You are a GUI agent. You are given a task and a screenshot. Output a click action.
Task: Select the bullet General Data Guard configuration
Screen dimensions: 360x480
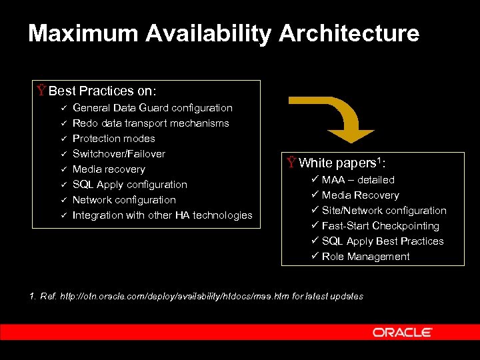153,108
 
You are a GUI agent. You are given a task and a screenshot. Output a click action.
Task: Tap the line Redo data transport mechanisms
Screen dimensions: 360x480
151,123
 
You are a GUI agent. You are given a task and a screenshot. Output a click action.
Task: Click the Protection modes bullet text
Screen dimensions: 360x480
113,139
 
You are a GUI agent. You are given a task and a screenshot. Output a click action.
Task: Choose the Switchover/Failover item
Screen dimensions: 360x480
119,154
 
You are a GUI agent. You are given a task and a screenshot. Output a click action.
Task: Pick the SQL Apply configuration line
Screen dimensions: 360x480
130,185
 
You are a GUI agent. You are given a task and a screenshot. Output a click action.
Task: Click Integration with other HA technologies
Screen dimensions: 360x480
163,215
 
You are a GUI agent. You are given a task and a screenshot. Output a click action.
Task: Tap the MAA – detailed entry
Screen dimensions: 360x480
358,180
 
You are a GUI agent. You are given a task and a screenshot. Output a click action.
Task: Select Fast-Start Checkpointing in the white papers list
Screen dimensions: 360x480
381,226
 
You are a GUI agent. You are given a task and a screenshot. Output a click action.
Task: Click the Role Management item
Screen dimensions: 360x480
365,257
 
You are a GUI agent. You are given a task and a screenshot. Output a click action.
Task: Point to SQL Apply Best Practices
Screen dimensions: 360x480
383,241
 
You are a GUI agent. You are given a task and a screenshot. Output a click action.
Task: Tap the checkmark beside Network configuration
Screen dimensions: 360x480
61,200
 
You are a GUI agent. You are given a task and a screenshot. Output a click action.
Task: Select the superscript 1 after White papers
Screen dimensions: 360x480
379,159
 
